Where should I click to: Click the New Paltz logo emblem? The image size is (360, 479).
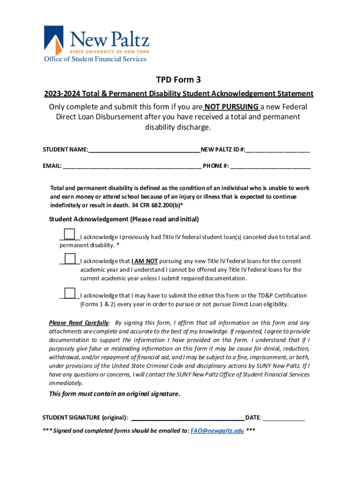tap(53, 40)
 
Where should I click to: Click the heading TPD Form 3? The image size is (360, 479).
tap(180, 80)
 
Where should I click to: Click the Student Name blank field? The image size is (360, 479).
tap(144, 150)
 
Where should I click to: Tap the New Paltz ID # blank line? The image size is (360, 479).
tap(278, 150)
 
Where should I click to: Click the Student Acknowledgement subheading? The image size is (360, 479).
tap(124, 219)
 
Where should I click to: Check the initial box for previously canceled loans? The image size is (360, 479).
tap(69, 233)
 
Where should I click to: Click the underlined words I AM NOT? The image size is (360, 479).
tap(144, 261)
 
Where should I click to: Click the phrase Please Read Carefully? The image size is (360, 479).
tap(79, 323)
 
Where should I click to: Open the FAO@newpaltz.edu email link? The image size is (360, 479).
tap(217, 431)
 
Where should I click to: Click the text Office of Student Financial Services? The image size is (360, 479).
tap(95, 59)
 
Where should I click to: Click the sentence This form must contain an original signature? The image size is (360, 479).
tap(115, 394)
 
